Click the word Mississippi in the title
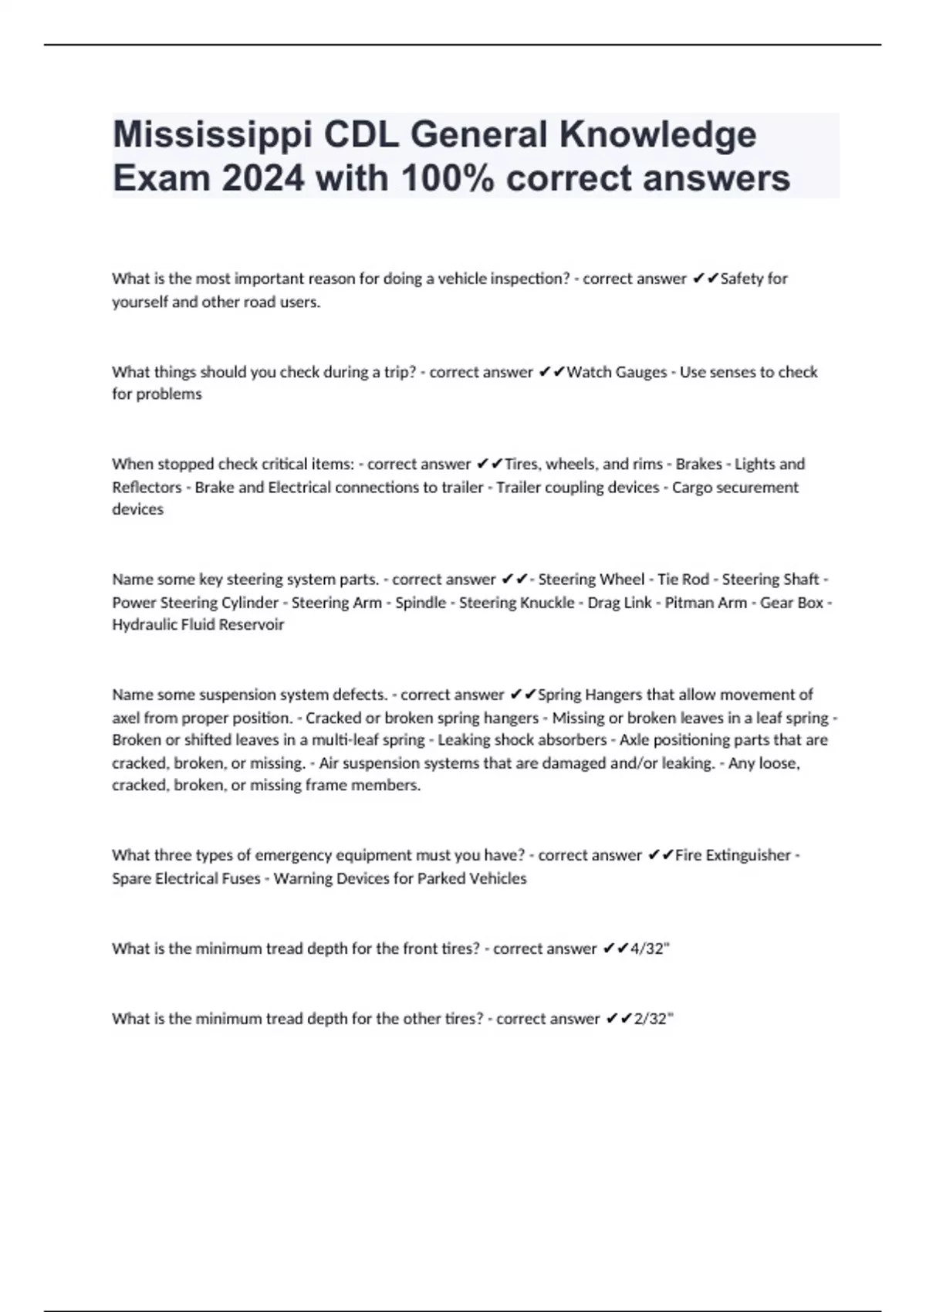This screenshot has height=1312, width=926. tap(211, 135)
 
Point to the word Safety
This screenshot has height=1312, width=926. tap(742, 279)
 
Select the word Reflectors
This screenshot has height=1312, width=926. tap(147, 487)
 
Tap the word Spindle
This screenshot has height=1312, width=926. tap(421, 603)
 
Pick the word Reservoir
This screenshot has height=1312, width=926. tap(252, 624)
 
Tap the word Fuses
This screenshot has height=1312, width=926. tap(242, 878)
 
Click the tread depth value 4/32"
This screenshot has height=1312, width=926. tap(650, 948)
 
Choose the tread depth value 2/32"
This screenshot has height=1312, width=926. tap(653, 1019)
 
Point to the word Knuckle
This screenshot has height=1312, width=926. tap(549, 603)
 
